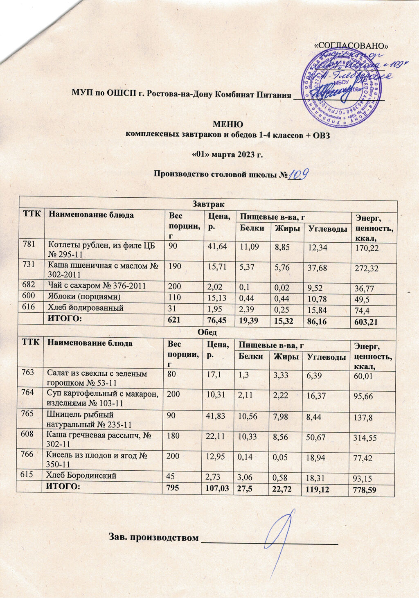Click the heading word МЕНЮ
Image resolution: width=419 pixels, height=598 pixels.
(228, 124)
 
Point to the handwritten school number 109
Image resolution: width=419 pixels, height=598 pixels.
(298, 174)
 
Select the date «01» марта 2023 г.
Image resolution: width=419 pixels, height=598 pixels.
(227, 155)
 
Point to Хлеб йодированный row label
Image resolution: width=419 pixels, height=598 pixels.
(86, 307)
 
